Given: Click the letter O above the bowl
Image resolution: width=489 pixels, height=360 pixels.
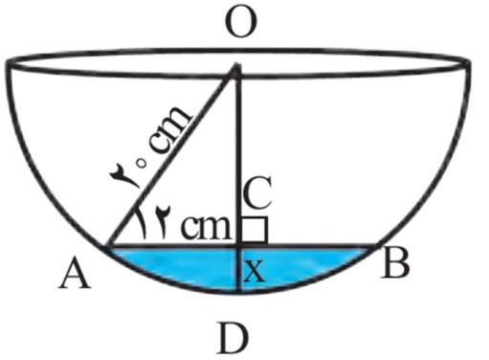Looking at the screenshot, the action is tap(242, 23).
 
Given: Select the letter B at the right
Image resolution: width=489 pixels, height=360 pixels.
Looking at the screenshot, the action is tap(396, 261).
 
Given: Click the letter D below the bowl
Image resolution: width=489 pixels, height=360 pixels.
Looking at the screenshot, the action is tap(233, 337).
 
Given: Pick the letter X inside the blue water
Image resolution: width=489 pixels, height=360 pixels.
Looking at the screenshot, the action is tap(254, 271).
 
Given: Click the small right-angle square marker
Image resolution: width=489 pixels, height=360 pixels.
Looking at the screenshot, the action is tap(254, 230).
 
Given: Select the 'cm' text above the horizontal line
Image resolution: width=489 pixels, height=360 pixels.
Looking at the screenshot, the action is tap(205, 227).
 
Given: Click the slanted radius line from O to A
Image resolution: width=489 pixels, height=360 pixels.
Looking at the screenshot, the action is tap(171, 156).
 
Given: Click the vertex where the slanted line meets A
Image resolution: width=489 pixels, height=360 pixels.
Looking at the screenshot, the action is tap(108, 246).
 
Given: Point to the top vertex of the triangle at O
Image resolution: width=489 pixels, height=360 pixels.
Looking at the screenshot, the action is tap(236, 65).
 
